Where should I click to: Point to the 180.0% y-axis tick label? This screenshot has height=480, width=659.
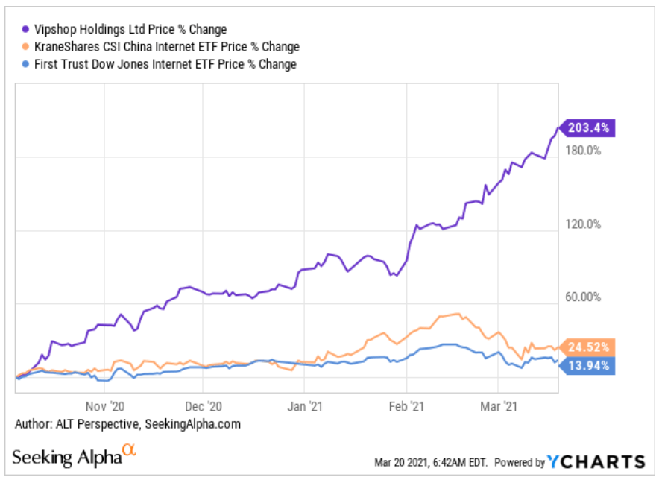584,151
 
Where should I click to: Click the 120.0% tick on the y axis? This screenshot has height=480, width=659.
584,224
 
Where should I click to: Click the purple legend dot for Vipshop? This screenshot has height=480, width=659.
26,29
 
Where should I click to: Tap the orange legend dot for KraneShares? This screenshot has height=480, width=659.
26,46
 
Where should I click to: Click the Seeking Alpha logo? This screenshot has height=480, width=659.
75,455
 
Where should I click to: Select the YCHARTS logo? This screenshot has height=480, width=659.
596,461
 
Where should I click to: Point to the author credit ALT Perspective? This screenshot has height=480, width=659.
127,423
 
